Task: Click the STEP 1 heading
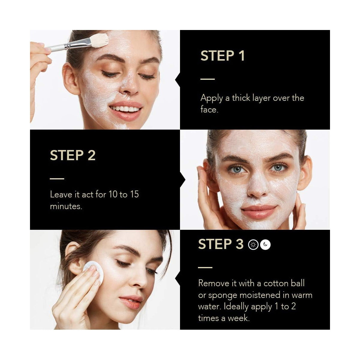223,56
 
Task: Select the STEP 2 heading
73,155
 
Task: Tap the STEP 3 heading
221,244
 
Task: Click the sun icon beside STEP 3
253,244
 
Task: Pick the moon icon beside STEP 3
265,244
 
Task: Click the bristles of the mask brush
99,40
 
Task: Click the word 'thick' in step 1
241,98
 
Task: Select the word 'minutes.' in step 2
66,206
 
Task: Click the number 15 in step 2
134,194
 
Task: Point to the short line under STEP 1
208,79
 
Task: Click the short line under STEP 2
57,178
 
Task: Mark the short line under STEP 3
205,268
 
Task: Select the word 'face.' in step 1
209,109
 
